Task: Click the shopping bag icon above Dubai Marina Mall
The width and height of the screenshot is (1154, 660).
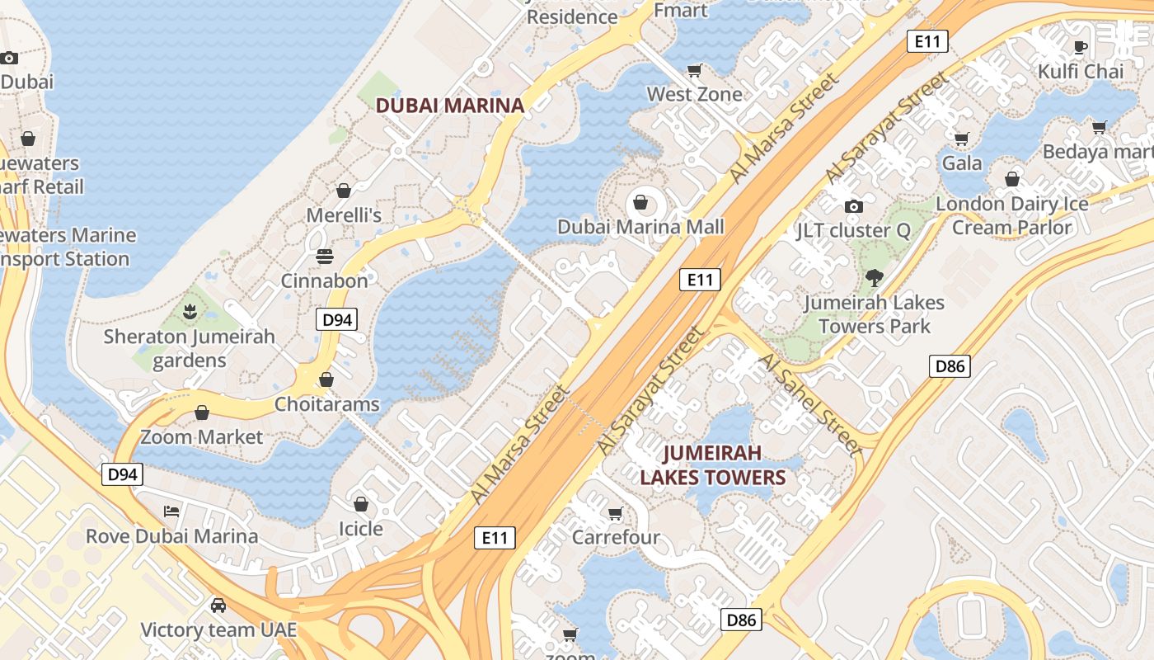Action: [x=640, y=202]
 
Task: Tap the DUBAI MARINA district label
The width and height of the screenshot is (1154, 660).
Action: [x=450, y=106]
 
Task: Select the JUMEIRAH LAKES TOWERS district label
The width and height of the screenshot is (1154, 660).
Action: [x=713, y=465]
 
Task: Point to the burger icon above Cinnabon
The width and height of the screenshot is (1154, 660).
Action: [x=324, y=256]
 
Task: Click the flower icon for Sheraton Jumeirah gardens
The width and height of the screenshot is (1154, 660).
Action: [x=190, y=312]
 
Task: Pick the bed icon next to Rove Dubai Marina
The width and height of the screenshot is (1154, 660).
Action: [x=171, y=511]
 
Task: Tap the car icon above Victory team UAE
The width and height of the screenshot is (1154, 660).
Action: [x=218, y=606]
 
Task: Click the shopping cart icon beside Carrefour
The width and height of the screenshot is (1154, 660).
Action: [x=615, y=514]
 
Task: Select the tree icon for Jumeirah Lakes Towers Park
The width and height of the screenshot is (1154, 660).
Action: [x=874, y=278]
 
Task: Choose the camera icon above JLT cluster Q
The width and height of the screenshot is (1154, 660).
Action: [x=854, y=206]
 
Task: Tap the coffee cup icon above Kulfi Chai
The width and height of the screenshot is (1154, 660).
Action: [x=1081, y=47]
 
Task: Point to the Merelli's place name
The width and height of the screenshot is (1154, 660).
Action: [x=344, y=215]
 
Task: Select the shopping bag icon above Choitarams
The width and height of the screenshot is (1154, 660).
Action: [x=326, y=379]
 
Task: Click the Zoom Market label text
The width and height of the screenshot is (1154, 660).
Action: [x=202, y=436]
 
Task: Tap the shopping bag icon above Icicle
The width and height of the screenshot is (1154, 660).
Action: [x=361, y=504]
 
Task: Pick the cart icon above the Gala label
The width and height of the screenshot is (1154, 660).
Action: [x=961, y=139]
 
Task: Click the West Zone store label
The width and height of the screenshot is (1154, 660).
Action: [x=694, y=94]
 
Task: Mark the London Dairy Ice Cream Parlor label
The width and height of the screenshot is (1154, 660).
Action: [x=1012, y=215]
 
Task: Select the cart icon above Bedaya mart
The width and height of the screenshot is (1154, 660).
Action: [x=1099, y=127]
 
